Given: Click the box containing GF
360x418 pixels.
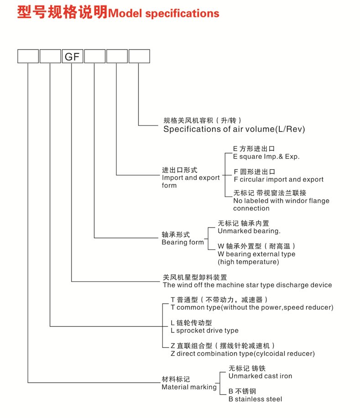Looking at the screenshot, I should tap(73, 56).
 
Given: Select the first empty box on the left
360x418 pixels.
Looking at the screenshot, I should tap(28, 56).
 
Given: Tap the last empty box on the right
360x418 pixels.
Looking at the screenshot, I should tap(139, 56).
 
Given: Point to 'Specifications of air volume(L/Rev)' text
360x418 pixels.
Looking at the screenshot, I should tap(234, 129).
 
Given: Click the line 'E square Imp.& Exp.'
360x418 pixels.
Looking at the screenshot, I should tap(266, 157).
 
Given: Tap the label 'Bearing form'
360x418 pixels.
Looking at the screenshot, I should tap(183, 242).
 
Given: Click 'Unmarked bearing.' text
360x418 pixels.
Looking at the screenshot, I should tap(249, 231).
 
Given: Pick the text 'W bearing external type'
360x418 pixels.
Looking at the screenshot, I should tap(256, 254).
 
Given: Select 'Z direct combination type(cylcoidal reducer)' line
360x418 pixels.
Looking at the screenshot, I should tap(242, 353).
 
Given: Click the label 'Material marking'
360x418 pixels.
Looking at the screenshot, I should tap(189, 387).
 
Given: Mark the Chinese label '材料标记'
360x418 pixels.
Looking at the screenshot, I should tap(176, 379).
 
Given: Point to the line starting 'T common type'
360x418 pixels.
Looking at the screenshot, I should tap(252, 307).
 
